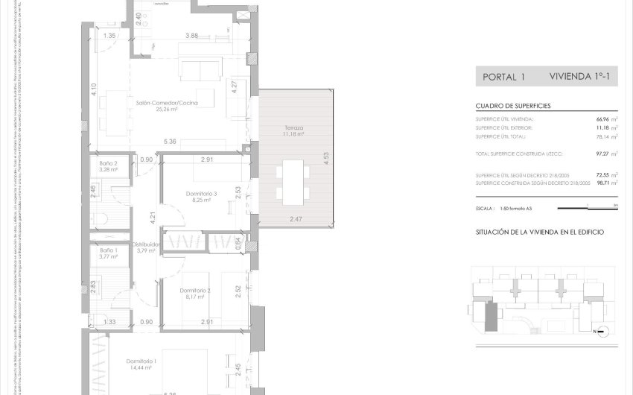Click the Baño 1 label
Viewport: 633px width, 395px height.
pos(108,250)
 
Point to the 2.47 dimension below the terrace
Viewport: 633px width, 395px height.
pos(296,218)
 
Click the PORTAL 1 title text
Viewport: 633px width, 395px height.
pos(504,76)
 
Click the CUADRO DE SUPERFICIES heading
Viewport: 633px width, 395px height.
pos(513,107)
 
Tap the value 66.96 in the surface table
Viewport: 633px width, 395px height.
pos(598,118)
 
